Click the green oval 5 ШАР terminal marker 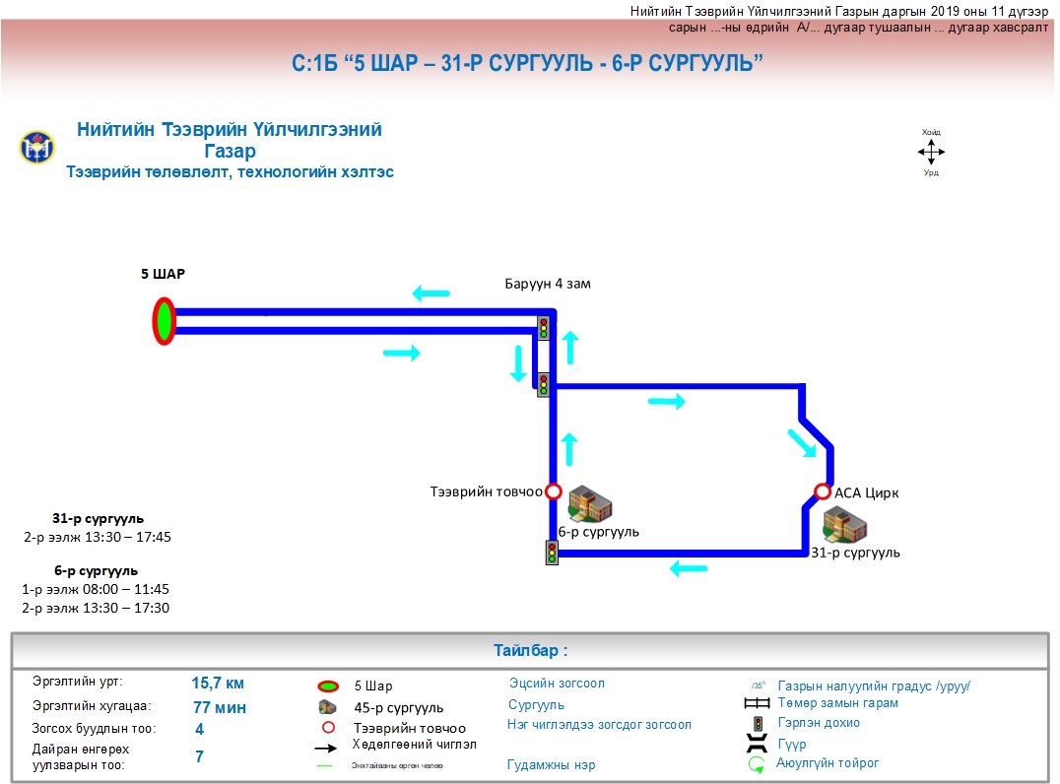164,321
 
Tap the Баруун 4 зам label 548,284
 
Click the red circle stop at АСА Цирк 823,491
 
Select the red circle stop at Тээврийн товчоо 554,491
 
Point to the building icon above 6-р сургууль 591,503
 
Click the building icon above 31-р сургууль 844,526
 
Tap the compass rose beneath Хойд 931,152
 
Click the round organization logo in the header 37,148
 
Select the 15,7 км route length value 218,683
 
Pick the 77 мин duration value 220,707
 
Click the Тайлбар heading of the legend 530,651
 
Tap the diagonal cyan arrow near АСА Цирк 802,443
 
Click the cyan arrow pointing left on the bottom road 688,568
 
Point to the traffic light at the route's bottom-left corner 552,553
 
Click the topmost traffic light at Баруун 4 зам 543,327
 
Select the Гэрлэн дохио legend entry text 819,723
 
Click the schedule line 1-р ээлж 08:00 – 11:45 96,589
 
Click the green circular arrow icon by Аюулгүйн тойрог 756,763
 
